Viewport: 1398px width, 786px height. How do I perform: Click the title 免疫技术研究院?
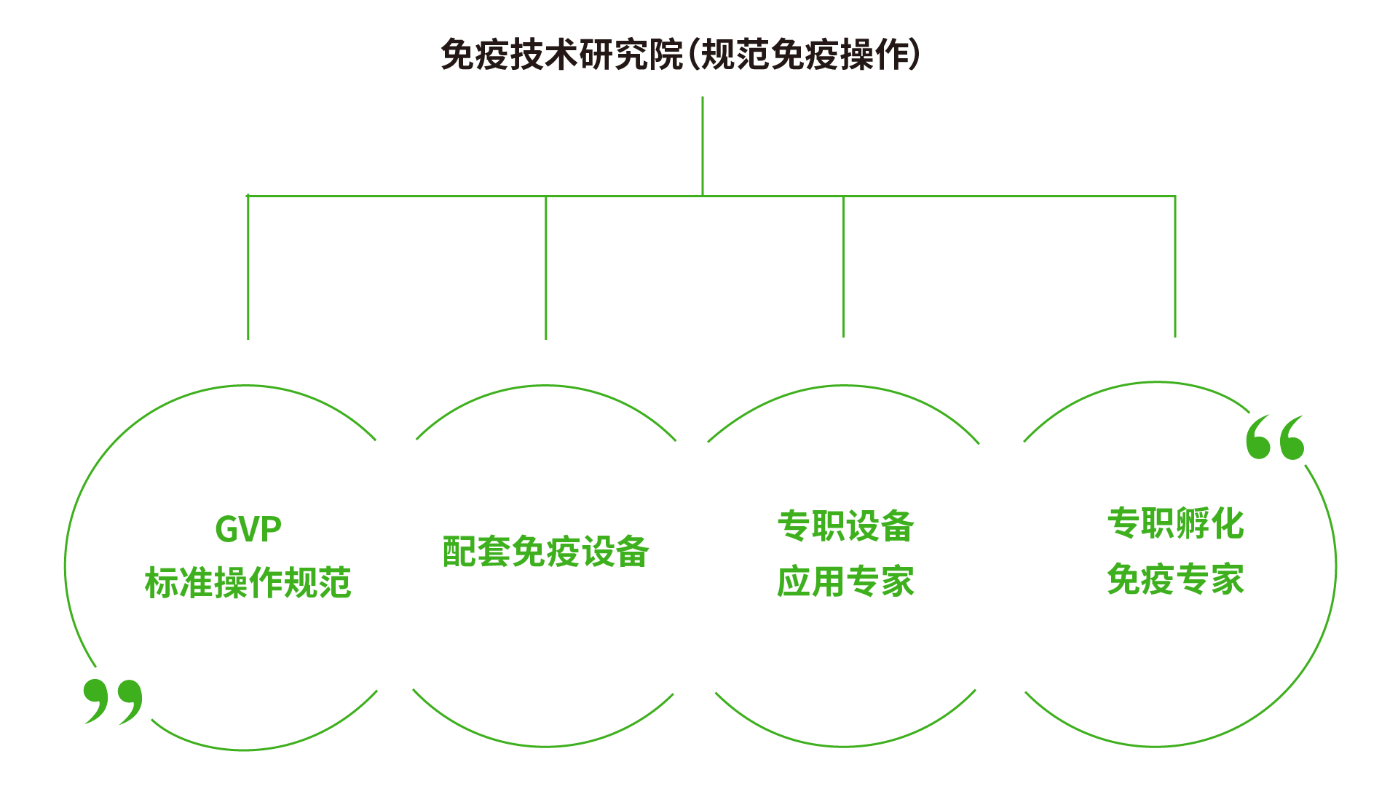[561, 55]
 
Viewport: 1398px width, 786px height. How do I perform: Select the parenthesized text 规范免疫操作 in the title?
[805, 55]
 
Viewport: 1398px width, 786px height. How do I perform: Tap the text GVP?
[248, 529]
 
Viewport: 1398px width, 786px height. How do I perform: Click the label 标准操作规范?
[248, 583]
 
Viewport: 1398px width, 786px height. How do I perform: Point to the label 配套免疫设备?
[545, 552]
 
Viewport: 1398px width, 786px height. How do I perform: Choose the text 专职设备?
[845, 525]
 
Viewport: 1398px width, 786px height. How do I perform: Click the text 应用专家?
[845, 581]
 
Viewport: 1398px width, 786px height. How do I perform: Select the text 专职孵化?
[1174, 523]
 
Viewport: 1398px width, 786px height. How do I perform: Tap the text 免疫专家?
[1174, 579]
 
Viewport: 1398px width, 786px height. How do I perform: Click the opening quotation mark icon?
[1275, 437]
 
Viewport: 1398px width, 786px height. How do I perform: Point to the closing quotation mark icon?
[113, 701]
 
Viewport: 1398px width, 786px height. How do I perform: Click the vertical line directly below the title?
[702, 146]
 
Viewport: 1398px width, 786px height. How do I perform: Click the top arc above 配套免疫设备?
[545, 386]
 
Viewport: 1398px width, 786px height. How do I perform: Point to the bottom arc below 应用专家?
[845, 745]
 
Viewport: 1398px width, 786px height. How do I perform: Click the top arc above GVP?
[248, 386]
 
